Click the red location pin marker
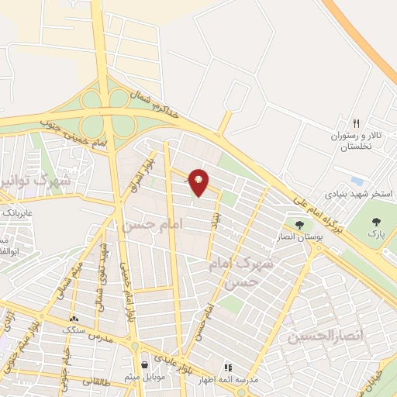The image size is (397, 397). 199,182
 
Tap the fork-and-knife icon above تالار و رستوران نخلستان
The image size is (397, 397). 357,123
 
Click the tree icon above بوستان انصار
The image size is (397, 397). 299,225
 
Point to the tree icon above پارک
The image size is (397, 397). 376,219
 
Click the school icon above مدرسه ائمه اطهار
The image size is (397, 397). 227,368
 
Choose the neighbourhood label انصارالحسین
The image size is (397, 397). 316,337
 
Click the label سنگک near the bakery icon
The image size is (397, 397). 75,329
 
